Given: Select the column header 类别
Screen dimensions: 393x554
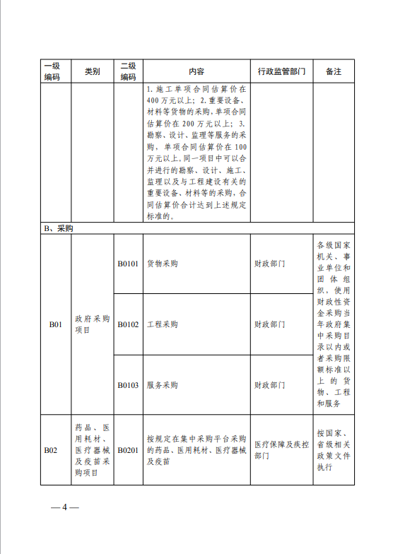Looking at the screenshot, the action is click(x=93, y=71).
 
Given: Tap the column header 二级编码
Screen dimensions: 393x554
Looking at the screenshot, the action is click(x=129, y=71).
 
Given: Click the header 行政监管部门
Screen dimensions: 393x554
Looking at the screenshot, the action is click(x=281, y=71).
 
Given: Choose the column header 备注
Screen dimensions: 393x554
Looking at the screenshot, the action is click(x=334, y=71).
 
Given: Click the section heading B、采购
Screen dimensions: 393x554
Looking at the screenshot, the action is click(x=59, y=229).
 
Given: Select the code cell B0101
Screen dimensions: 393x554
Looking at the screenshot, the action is click(x=129, y=264).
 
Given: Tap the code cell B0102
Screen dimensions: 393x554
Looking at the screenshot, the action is click(x=129, y=324).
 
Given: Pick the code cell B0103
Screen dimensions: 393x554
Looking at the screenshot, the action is click(x=129, y=385).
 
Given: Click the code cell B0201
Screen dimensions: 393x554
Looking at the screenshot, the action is click(x=129, y=449).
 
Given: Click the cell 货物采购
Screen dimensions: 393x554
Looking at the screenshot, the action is click(x=162, y=264).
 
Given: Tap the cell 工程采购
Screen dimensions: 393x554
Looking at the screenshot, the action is click(x=162, y=324).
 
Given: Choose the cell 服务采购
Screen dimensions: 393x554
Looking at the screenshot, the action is click(x=162, y=385).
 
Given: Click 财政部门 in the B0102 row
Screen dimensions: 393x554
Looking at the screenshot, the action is click(x=269, y=324).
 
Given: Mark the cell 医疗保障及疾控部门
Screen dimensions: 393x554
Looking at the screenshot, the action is click(x=281, y=450).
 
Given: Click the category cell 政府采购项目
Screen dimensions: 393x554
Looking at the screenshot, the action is click(x=93, y=324).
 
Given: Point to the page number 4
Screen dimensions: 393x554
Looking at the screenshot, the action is click(x=64, y=507).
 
